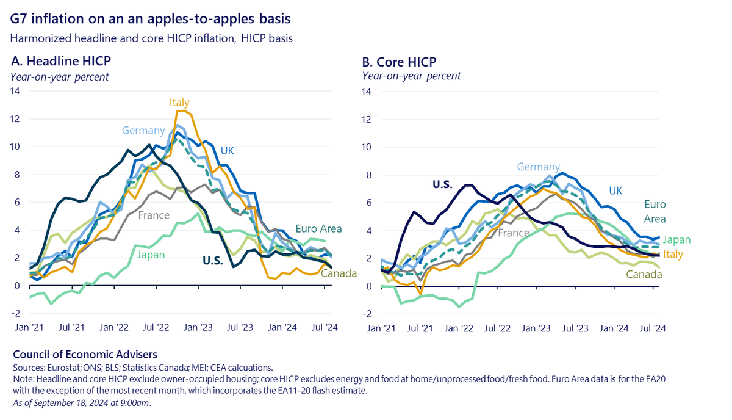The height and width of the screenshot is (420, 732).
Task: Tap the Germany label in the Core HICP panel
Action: pos(539,167)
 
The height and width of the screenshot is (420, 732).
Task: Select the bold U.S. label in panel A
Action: pos(216,261)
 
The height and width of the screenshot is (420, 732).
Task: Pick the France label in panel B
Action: pos(513,233)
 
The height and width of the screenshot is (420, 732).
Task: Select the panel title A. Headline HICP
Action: pos(60,61)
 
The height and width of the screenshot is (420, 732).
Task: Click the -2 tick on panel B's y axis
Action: pos(368,314)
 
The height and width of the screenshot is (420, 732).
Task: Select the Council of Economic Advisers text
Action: pos(85,354)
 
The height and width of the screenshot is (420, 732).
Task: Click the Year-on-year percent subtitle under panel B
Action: pos(412,76)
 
